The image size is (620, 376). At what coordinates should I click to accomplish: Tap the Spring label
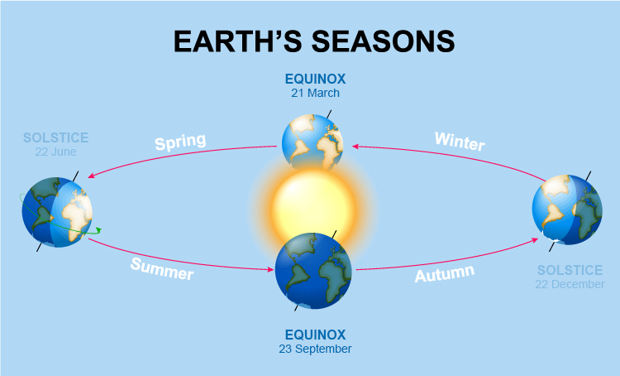coord(179,142)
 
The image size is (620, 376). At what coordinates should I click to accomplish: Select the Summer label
coord(161,268)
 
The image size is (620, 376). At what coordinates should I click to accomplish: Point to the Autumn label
coord(444,274)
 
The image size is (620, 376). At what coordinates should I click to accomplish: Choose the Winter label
coord(460,142)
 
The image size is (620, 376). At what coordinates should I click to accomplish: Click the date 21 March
coord(315,94)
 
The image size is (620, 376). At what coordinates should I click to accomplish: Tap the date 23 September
coord(315,349)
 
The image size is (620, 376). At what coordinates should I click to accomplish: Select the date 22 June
coord(55,152)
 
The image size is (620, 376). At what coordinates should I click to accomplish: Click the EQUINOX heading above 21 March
coord(315,80)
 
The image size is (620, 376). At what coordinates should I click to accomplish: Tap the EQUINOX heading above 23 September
coord(315,335)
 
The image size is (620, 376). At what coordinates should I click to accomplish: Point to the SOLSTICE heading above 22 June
coord(55,137)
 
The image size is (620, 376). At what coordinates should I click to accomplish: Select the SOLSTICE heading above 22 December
coord(571,270)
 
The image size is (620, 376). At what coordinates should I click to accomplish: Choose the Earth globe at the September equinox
coord(314,270)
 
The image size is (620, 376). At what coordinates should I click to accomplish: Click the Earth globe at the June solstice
coord(56,211)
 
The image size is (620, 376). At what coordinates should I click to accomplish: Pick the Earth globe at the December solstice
coord(568,209)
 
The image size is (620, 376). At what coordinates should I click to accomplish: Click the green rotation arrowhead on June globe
coord(98,229)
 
